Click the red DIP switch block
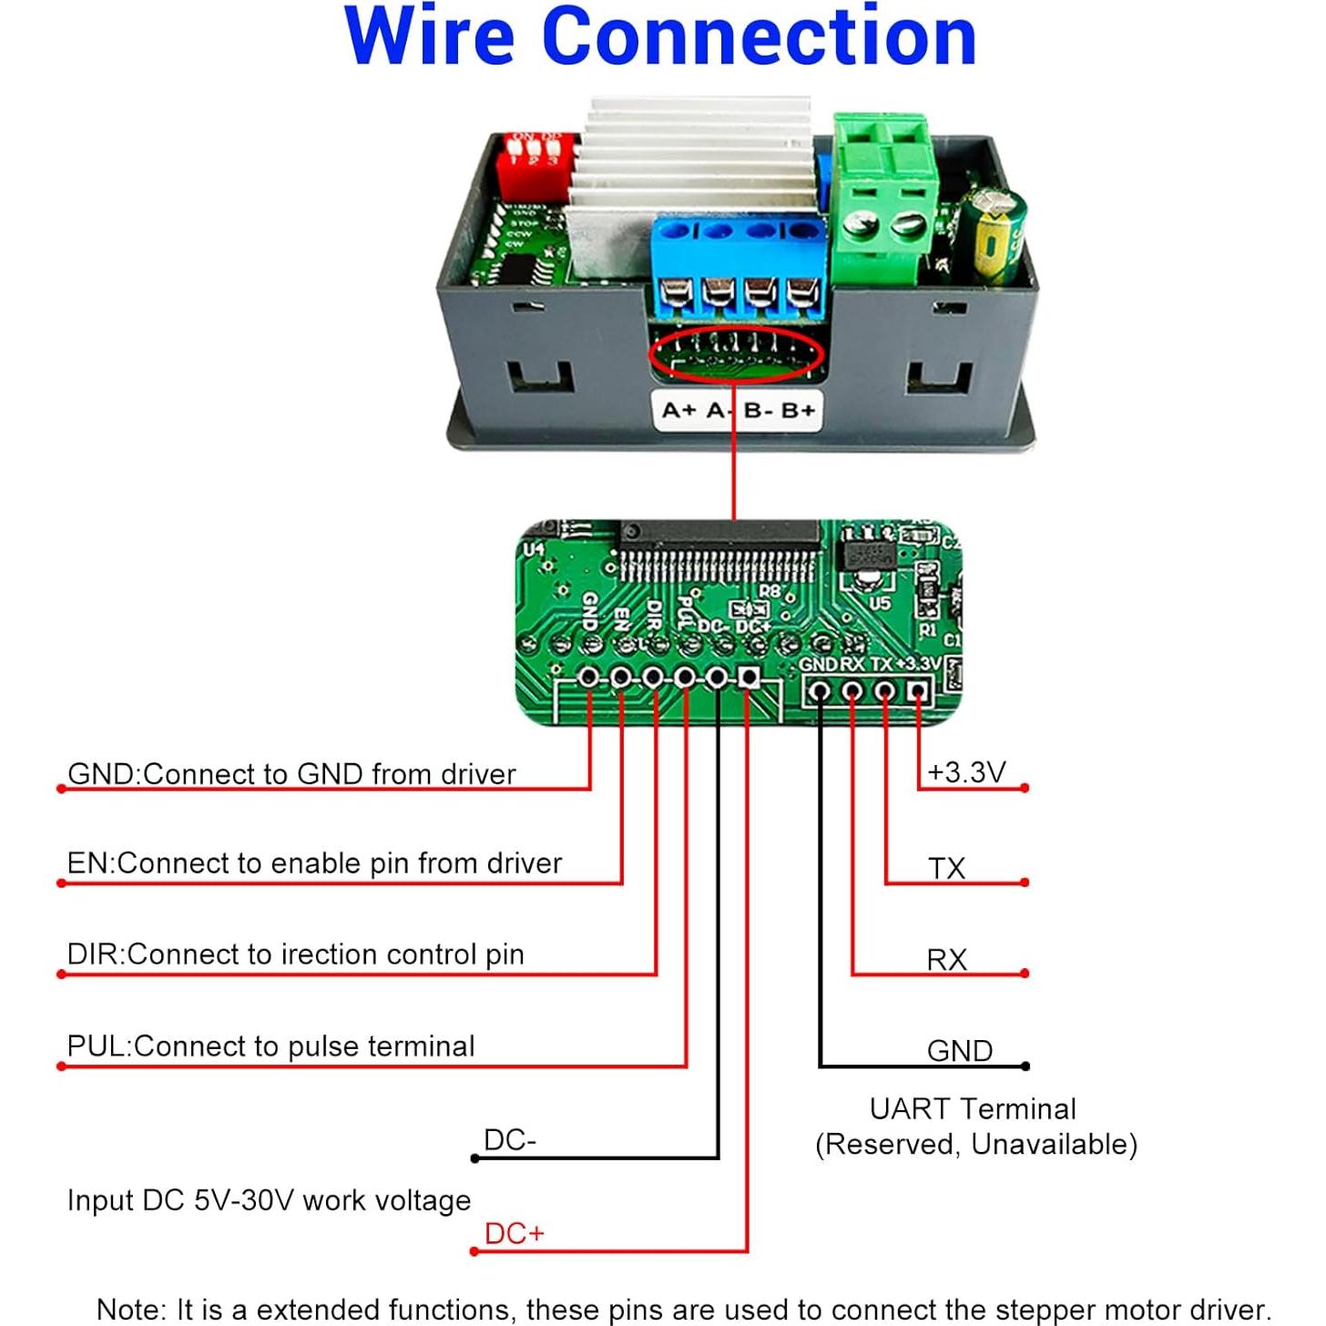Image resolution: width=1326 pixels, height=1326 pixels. pos(537,164)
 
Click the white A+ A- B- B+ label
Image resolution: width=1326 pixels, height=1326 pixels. pos(738,411)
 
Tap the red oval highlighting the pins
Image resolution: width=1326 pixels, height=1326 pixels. pos(736,355)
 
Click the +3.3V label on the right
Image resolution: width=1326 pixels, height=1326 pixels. pos(965,772)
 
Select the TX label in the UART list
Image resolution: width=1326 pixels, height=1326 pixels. pos(946,868)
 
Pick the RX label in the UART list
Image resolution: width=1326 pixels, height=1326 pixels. pos(946,960)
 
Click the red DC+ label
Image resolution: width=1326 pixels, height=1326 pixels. pos(514,1233)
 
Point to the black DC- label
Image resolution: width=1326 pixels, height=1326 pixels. pos(510,1140)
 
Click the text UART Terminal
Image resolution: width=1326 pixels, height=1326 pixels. pos(973,1109)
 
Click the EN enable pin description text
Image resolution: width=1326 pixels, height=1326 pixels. pos(314,863)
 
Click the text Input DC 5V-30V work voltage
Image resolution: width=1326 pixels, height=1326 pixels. pos(269,1200)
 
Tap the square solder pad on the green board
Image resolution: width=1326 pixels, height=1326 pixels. pos(749,677)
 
